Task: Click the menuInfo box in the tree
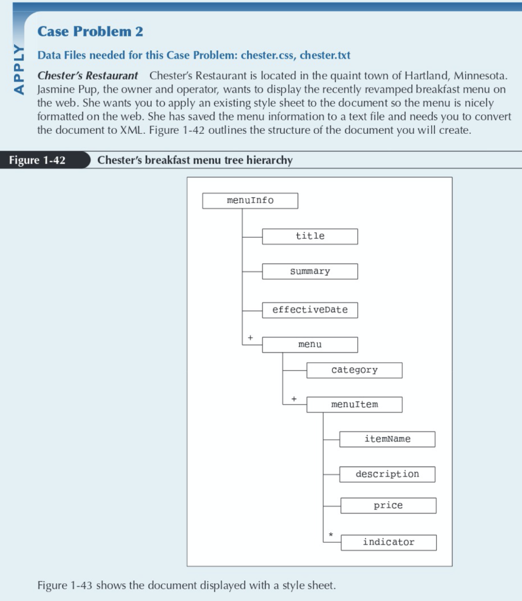250,201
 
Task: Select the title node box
310,236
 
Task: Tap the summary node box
310,271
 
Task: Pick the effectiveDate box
310,310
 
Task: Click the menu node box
310,345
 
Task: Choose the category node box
354,370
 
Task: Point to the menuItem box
354,404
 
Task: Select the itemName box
387,439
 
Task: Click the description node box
387,474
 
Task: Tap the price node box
388,505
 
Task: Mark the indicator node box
388,542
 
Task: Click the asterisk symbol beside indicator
331,535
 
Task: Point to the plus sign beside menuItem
294,399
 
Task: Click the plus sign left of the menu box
250,338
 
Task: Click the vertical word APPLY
19,69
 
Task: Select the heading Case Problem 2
90,32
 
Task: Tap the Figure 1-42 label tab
38,160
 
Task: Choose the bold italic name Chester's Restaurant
88,76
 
